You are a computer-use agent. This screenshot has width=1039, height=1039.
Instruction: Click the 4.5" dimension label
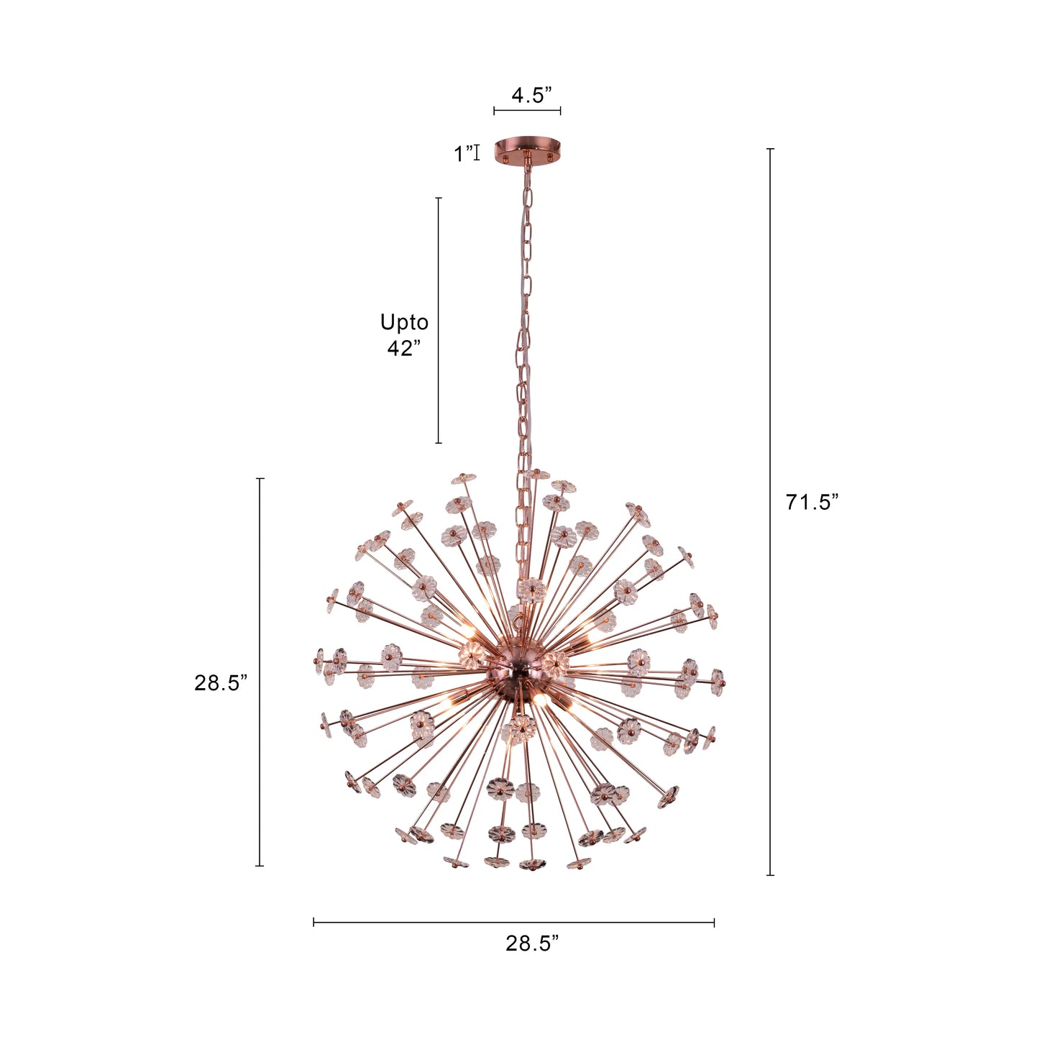coord(531,95)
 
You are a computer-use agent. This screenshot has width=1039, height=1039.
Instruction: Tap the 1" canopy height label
coord(463,153)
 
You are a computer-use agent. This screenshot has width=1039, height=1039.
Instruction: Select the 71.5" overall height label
coord(812,502)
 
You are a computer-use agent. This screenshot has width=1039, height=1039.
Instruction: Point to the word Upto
coord(404,322)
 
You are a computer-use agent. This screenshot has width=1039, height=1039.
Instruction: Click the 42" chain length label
coord(404,348)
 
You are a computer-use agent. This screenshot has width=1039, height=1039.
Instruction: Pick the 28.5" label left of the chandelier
coord(221,682)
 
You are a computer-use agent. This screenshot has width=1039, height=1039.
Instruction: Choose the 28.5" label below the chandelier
coord(532,943)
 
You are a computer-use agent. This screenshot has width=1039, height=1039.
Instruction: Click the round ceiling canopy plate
coord(527,149)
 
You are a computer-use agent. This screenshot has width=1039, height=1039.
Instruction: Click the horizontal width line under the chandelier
coord(513,922)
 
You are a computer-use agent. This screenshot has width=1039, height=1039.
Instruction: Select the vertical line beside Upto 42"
coord(439,320)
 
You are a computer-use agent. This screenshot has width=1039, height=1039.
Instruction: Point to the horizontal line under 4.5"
coord(527,111)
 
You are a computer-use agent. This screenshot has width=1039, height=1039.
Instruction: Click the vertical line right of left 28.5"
coord(260,672)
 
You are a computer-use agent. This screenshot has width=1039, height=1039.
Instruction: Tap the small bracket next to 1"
coord(477,152)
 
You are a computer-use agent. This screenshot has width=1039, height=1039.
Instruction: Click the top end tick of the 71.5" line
coord(770,149)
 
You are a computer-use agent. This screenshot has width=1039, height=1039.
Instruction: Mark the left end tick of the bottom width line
coord(314,922)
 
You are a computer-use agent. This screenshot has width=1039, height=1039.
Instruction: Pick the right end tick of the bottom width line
coord(714,922)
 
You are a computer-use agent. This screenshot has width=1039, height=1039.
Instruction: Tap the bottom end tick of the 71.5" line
coord(770,875)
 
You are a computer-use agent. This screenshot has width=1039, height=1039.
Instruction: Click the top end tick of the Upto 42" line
coord(439,198)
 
